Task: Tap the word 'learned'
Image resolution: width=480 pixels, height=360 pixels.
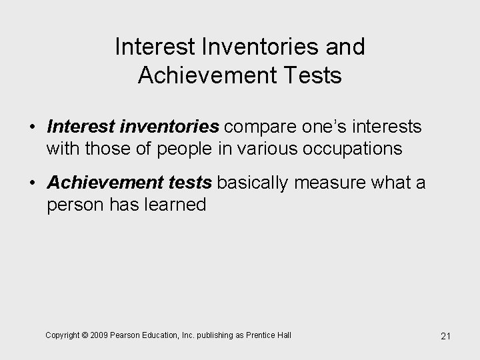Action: (177, 204)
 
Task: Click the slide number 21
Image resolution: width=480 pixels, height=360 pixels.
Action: (446, 336)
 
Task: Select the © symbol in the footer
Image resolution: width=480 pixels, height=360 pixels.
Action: (85, 335)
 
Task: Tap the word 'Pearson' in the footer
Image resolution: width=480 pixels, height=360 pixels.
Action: (128, 335)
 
